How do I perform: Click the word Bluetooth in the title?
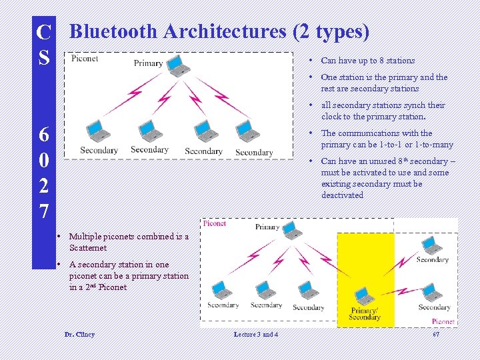click(x=113, y=31)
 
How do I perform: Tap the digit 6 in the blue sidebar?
click(x=43, y=134)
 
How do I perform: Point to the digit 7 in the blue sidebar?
click(x=43, y=211)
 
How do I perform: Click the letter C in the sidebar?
click(x=43, y=31)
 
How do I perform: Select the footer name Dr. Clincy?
click(x=79, y=334)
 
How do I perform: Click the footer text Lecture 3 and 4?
click(x=256, y=334)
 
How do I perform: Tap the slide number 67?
click(x=436, y=334)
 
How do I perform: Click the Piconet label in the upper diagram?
click(x=85, y=59)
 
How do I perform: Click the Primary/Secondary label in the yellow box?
click(x=365, y=313)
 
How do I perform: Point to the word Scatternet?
click(x=87, y=248)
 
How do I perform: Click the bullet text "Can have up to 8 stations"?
click(x=368, y=61)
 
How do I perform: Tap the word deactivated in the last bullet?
click(x=342, y=195)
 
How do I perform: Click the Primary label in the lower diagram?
click(x=267, y=227)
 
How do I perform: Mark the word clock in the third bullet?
click(x=332, y=117)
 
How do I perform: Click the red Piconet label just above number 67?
click(x=443, y=321)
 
